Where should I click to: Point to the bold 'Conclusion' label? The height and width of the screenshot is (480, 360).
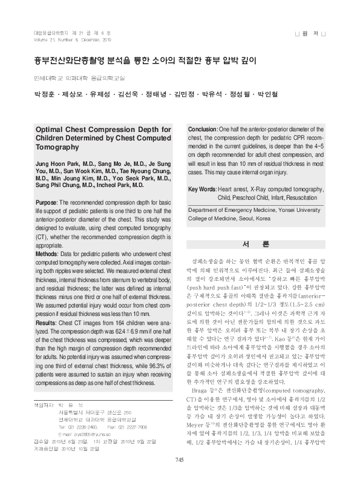[203, 130]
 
